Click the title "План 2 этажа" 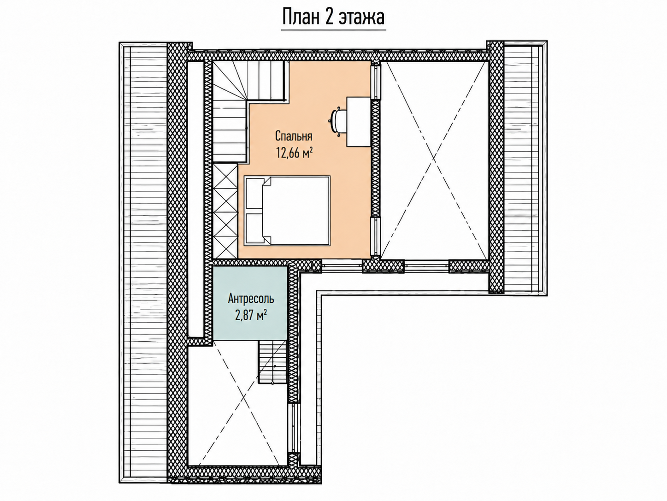333,18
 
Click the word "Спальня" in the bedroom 294,136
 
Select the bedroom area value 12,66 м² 295,153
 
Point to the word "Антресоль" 251,299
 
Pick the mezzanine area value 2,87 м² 251,315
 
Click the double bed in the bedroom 287,211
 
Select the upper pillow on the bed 254,193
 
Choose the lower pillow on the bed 254,228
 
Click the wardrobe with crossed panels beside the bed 225,212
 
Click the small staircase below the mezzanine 272,362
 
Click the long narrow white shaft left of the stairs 195,200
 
